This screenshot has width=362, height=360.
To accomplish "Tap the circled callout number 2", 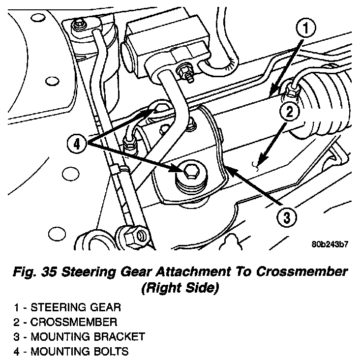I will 290,112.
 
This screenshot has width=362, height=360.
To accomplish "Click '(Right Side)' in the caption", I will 179,288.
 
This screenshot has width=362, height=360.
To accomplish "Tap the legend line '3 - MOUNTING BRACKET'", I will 79,337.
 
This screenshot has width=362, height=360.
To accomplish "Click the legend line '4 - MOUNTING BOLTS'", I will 72,352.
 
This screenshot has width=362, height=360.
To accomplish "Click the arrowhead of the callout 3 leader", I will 227,170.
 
